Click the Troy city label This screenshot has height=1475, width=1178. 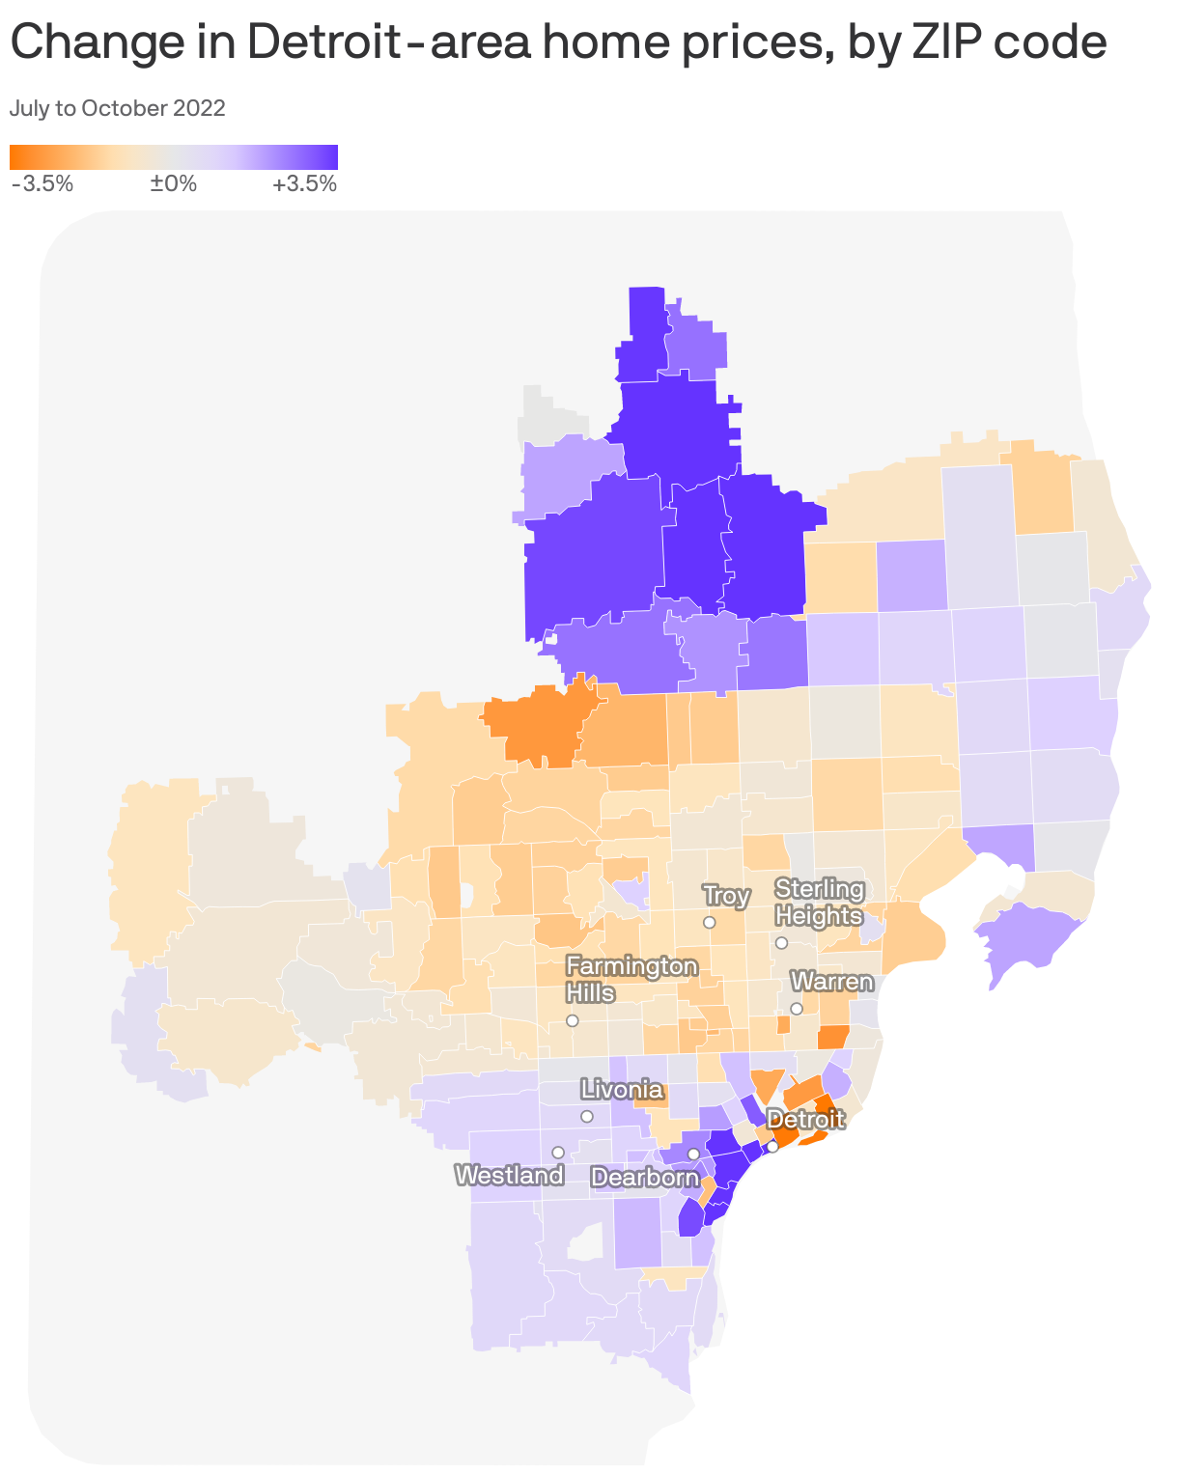click(x=726, y=896)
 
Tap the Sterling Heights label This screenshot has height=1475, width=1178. click(x=819, y=902)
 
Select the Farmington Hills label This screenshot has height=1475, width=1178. click(x=631, y=979)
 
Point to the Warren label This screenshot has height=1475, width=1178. click(x=831, y=983)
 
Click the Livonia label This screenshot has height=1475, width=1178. click(x=622, y=1091)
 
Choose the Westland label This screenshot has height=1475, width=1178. click(x=509, y=1175)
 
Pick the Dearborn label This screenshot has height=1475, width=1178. click(x=644, y=1178)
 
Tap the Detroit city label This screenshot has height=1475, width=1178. click(x=805, y=1120)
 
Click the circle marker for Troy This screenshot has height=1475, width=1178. click(x=709, y=923)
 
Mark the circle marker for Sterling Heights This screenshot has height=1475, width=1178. click(x=781, y=942)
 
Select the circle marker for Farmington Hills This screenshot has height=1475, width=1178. click(x=573, y=1020)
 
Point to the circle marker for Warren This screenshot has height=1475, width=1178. click(x=797, y=1009)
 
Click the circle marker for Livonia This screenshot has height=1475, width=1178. click(x=587, y=1117)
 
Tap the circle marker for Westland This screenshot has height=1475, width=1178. click(x=558, y=1153)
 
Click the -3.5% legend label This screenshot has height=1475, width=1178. click(x=42, y=183)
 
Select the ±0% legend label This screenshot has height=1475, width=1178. click(x=174, y=183)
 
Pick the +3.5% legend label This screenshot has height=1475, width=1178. click(x=305, y=183)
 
